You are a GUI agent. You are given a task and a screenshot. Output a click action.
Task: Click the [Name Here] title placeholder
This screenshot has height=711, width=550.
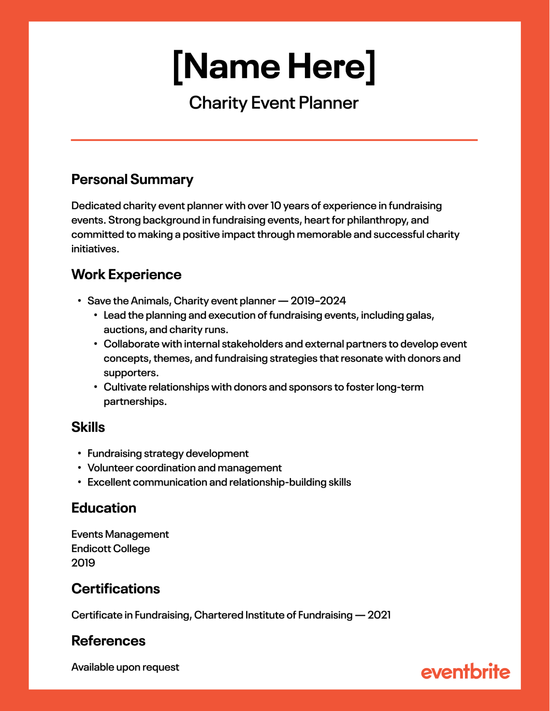(x=274, y=67)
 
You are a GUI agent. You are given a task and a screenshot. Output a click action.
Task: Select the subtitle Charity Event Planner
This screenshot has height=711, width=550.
(x=274, y=103)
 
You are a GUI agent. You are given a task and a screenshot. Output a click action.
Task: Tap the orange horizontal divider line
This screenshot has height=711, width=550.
(x=274, y=140)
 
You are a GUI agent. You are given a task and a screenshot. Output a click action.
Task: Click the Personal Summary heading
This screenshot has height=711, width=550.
(x=132, y=179)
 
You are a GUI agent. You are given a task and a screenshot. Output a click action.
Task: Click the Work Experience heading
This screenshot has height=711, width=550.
(x=126, y=275)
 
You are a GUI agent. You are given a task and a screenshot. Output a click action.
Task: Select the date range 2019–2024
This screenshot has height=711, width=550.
(x=318, y=301)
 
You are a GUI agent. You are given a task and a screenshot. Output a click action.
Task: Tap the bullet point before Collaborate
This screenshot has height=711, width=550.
(x=96, y=344)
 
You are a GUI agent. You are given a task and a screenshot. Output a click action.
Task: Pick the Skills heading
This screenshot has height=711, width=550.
(x=88, y=427)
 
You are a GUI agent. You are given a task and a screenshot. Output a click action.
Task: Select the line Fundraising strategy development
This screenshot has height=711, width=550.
(x=168, y=453)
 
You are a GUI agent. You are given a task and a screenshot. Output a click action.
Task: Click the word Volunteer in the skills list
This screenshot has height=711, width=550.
(x=110, y=468)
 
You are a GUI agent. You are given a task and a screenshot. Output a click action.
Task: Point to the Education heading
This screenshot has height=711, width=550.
(x=104, y=508)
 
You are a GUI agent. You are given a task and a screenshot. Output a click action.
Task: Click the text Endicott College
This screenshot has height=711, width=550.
(x=110, y=548)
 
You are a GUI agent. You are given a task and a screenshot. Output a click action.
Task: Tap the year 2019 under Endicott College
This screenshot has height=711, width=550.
(x=83, y=563)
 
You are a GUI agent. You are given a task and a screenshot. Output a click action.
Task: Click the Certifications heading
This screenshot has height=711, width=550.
(x=115, y=589)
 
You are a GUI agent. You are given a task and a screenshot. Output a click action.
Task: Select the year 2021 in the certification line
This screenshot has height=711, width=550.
(x=379, y=615)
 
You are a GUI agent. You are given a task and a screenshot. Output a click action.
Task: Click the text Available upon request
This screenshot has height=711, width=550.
(x=125, y=667)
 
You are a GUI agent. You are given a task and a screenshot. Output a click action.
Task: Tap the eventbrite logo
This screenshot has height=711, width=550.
(x=465, y=672)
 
